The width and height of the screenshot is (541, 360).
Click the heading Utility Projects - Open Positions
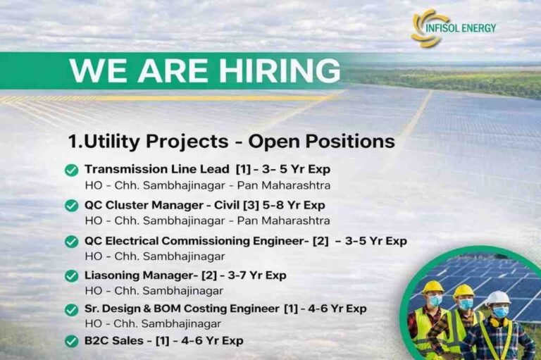point(231,141)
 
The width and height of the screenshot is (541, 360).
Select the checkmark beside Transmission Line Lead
point(71,170)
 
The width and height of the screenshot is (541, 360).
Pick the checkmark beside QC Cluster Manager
point(71,206)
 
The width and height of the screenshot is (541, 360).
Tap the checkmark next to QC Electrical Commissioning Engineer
point(71,242)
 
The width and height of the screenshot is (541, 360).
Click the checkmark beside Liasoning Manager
point(71,275)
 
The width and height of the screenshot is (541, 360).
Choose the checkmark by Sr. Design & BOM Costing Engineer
point(71,309)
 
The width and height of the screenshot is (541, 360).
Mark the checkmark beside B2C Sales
point(71,341)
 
